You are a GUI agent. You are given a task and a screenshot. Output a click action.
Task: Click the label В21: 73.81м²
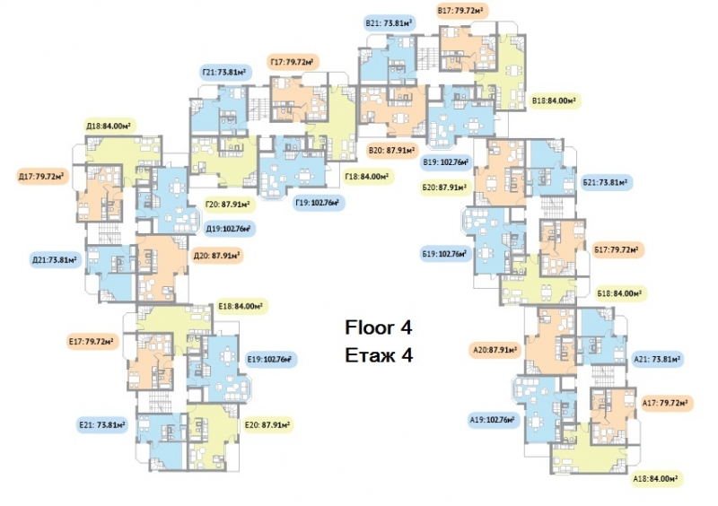[x=390, y=23]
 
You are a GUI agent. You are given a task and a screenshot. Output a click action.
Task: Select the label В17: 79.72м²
[x=461, y=11]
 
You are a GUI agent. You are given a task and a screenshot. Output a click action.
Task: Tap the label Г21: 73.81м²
[x=223, y=72]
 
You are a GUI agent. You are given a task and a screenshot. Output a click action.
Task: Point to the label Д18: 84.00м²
[x=110, y=126]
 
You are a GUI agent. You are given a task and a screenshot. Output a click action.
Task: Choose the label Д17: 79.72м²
[x=42, y=177]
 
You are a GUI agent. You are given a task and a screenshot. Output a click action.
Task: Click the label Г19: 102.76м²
[x=320, y=202]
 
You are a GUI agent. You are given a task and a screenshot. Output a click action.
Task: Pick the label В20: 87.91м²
[x=392, y=150]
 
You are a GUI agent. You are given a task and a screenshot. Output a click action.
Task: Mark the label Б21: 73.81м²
[x=607, y=182]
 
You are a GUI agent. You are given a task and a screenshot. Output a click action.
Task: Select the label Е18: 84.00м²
[x=242, y=306]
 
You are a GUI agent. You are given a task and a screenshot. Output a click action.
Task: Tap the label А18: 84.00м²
[x=656, y=479]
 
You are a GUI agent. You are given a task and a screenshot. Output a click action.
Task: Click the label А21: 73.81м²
[x=658, y=359]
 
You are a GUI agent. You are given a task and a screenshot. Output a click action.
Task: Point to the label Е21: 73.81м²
[x=102, y=425]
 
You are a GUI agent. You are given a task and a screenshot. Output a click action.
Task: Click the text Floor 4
[x=378, y=327]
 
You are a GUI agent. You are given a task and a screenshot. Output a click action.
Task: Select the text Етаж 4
[x=379, y=355]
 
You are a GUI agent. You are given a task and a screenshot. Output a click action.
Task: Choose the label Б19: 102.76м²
[x=445, y=254]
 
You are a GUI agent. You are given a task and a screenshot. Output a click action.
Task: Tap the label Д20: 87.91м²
[x=217, y=256]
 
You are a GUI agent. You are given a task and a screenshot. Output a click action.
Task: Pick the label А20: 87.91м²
[x=495, y=351]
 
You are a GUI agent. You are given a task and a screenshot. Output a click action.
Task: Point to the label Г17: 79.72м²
[x=293, y=62]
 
